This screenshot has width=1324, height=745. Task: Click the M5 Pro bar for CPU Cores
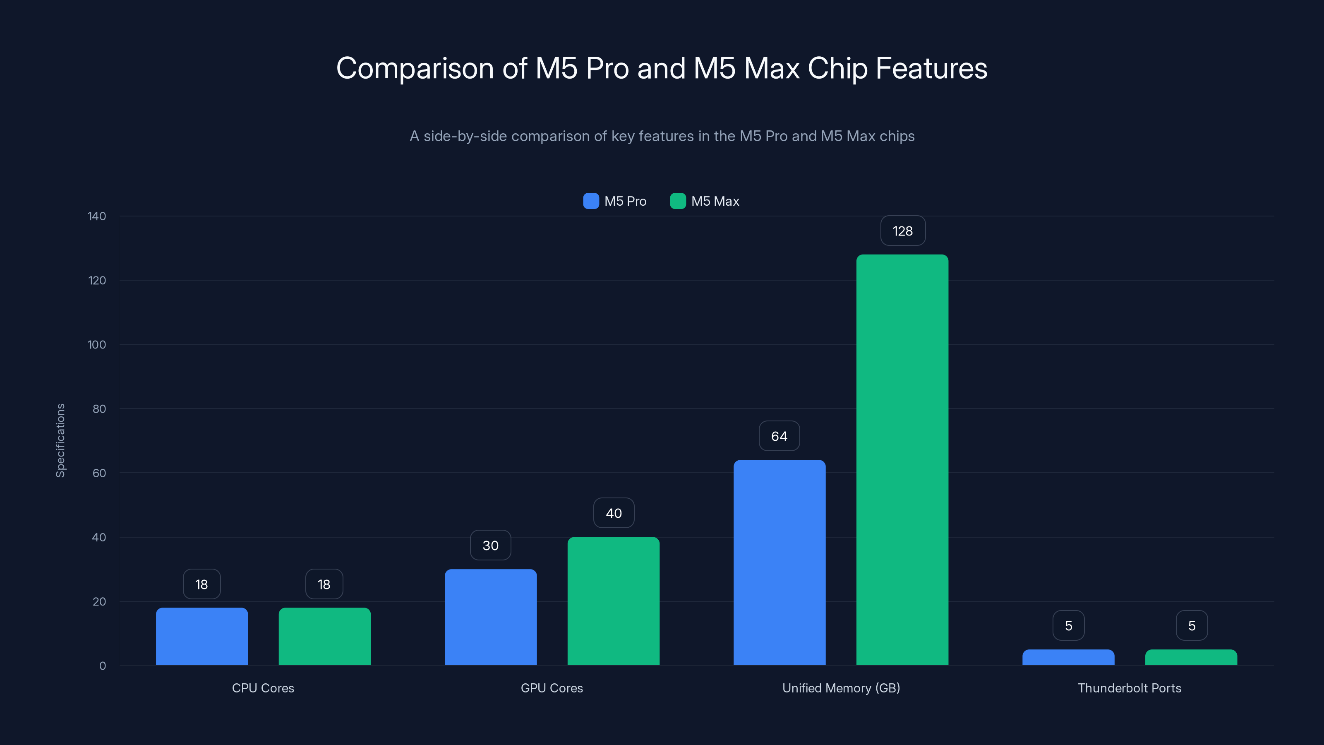[x=201, y=637]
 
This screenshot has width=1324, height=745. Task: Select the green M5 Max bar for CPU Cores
[x=324, y=637]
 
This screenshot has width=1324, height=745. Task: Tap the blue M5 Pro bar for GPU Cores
[x=490, y=617]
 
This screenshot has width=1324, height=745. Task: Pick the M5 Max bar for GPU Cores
[x=613, y=601]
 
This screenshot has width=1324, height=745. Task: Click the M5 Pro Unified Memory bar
[x=779, y=562]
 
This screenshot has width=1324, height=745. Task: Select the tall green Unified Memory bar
[x=902, y=460]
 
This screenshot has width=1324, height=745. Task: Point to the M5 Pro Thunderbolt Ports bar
[x=1068, y=658]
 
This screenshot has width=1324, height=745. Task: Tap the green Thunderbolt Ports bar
[x=1191, y=658]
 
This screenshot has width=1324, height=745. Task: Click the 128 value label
[x=902, y=231]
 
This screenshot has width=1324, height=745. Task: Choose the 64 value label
[x=779, y=436]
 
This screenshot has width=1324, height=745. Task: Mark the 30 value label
[x=490, y=546]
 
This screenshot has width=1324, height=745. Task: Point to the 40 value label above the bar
[x=614, y=513]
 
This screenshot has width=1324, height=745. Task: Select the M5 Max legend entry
[x=705, y=201]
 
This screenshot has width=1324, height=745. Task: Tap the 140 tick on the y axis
[x=97, y=216]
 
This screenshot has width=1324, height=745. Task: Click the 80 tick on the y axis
[x=99, y=409]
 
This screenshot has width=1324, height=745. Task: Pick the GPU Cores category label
[x=552, y=688]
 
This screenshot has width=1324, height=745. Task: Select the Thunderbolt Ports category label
[x=1129, y=688]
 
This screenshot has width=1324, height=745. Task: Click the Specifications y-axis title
[x=61, y=441]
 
